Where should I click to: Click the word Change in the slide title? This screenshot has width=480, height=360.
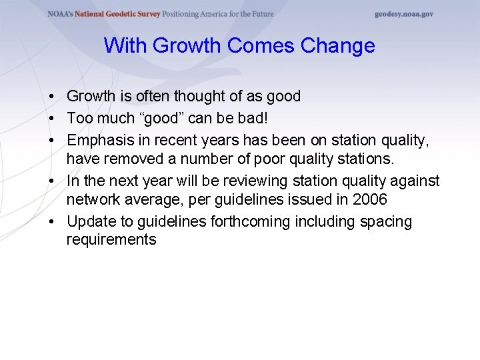pyautogui.click(x=337, y=46)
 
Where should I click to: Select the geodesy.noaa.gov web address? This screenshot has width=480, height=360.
pyautogui.click(x=403, y=14)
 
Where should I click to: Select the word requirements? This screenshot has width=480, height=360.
pyautogui.click(x=111, y=240)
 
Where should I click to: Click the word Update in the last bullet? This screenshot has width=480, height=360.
pyautogui.click(x=89, y=221)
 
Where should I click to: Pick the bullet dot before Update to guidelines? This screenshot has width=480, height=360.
pyautogui.click(x=51, y=221)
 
